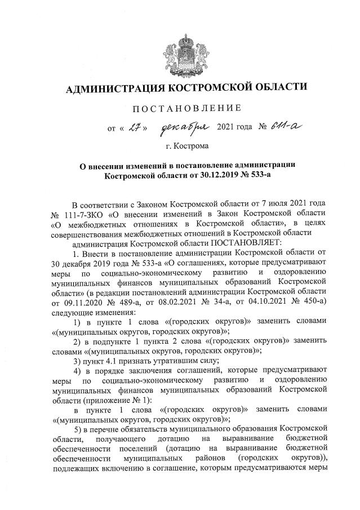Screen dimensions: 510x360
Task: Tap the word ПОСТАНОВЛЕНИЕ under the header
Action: coord(186,108)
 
